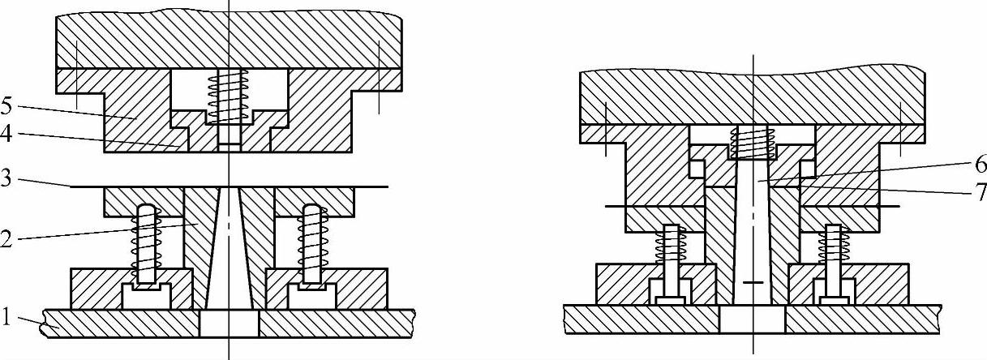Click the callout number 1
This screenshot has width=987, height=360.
coord(7,318)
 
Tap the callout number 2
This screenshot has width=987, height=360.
coord(7,239)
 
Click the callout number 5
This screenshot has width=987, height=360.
coord(7,105)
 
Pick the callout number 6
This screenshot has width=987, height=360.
coord(979,165)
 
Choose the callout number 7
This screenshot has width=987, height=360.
coord(979,192)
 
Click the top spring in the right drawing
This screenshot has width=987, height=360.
coord(753,144)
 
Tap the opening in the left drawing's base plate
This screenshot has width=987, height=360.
coord(229,324)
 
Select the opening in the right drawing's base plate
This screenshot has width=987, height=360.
coord(752,319)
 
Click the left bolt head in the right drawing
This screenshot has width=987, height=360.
coord(670,300)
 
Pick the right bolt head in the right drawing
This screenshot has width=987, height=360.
coord(835,300)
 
